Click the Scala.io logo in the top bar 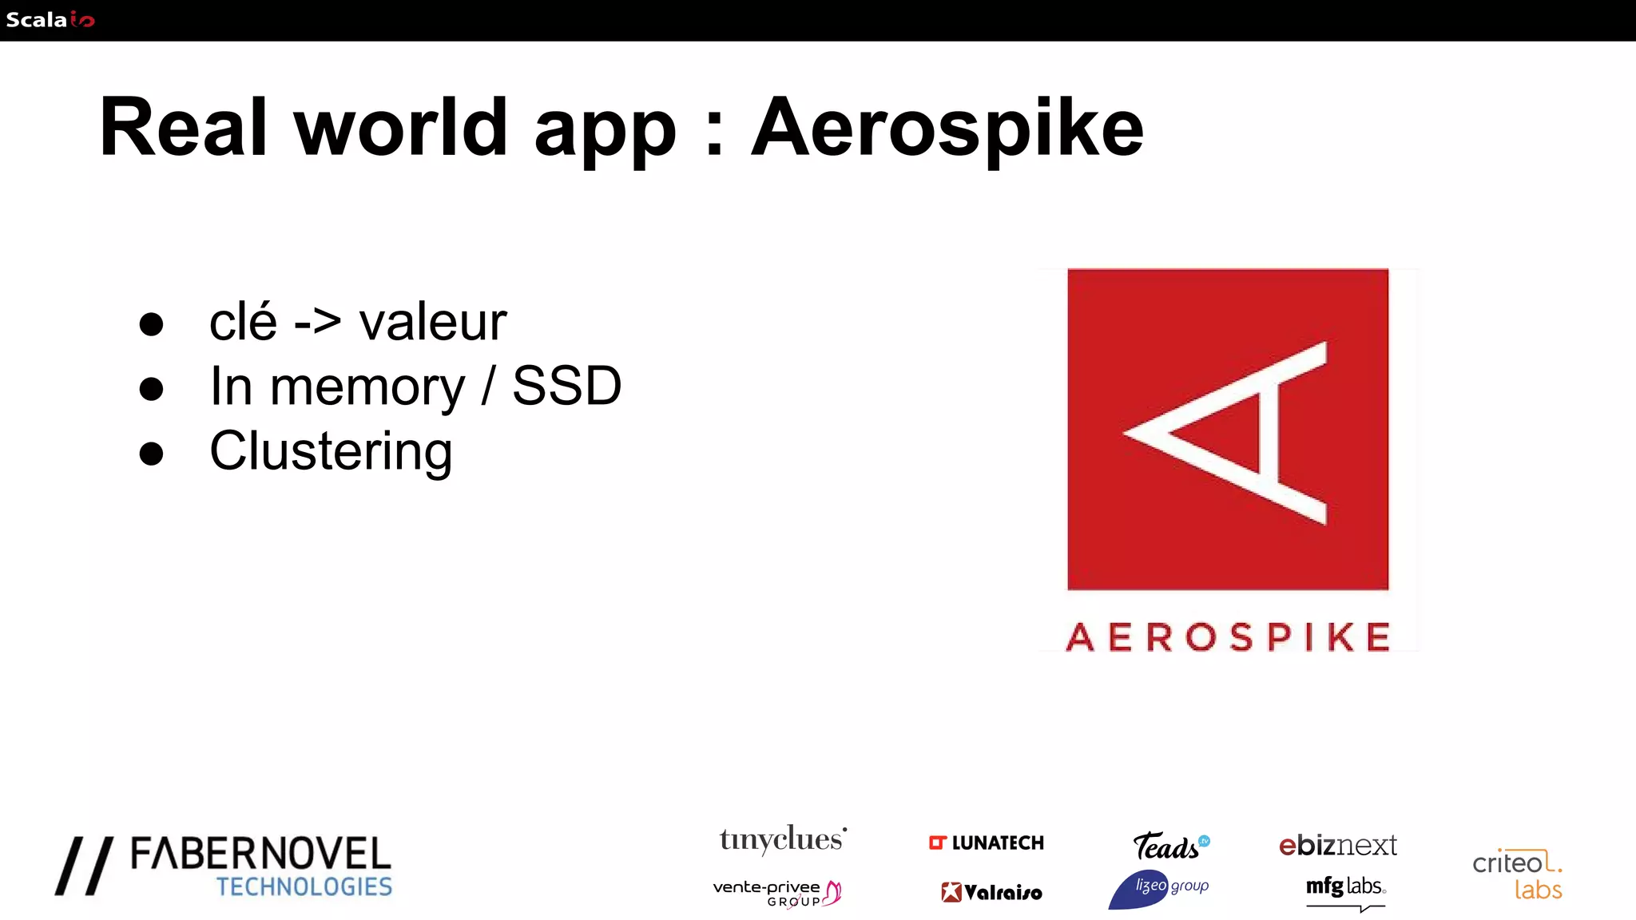point(50,20)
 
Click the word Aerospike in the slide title point(947,128)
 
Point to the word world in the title point(401,128)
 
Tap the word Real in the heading point(183,128)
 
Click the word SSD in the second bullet point(566,387)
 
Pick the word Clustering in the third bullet point(331,451)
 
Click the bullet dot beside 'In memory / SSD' point(151,389)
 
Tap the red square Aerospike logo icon point(1228,430)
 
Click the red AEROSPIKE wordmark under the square point(1228,637)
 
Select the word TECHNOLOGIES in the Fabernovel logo point(304,886)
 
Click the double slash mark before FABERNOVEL point(84,866)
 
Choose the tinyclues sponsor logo point(782,839)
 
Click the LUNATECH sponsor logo point(987,843)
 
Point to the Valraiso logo point(991,892)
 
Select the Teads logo point(1170,846)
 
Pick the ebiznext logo point(1338,845)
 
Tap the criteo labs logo point(1517,874)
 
